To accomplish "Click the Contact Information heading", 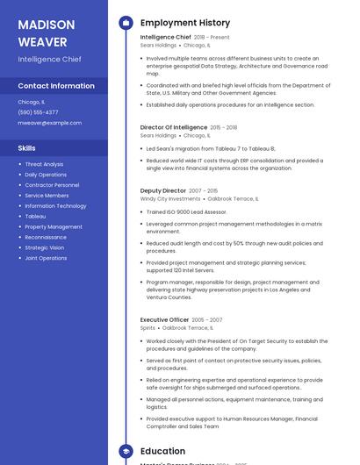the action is click(56, 86).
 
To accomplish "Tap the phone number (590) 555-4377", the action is click(39, 112).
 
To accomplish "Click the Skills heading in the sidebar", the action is click(27, 148).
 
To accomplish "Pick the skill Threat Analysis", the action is click(44, 164).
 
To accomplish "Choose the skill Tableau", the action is click(35, 216).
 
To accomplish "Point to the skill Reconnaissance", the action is click(46, 237).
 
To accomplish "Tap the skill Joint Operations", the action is click(46, 258).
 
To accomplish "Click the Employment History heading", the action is click(185, 23).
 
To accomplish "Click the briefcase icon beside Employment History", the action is click(125, 23).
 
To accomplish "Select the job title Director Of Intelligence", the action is click(174, 127).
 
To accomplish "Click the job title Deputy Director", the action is click(163, 190).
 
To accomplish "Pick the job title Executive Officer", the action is click(164, 319).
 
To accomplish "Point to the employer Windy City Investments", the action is click(170, 199).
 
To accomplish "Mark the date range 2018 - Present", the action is click(212, 38).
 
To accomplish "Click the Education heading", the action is click(162, 451).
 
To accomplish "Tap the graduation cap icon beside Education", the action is click(125, 451).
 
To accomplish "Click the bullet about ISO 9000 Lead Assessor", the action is click(186, 212).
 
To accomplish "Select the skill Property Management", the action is click(54, 226).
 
